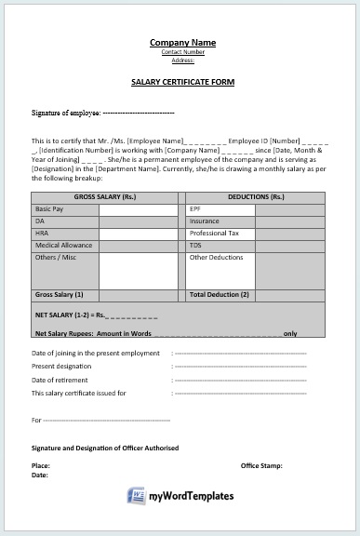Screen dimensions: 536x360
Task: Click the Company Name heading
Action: click(x=182, y=43)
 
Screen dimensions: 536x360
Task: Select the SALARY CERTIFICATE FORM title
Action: click(x=182, y=82)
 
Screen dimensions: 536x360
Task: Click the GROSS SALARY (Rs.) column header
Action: click(x=105, y=198)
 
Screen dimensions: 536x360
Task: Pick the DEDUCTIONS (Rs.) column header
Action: click(x=256, y=198)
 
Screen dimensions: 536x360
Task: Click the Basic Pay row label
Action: click(x=50, y=209)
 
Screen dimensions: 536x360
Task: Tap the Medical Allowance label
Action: click(x=62, y=245)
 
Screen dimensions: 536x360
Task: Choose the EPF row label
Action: click(x=195, y=209)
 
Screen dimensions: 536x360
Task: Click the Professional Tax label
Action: click(x=215, y=233)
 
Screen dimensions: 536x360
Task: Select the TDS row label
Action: click(x=196, y=245)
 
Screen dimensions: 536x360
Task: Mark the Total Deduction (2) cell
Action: click(x=220, y=294)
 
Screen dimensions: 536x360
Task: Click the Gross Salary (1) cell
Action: click(x=60, y=294)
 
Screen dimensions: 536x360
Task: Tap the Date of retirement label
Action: click(x=60, y=380)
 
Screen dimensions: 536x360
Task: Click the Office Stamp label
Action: click(x=261, y=464)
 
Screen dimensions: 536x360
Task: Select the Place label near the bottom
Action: click(x=41, y=464)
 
